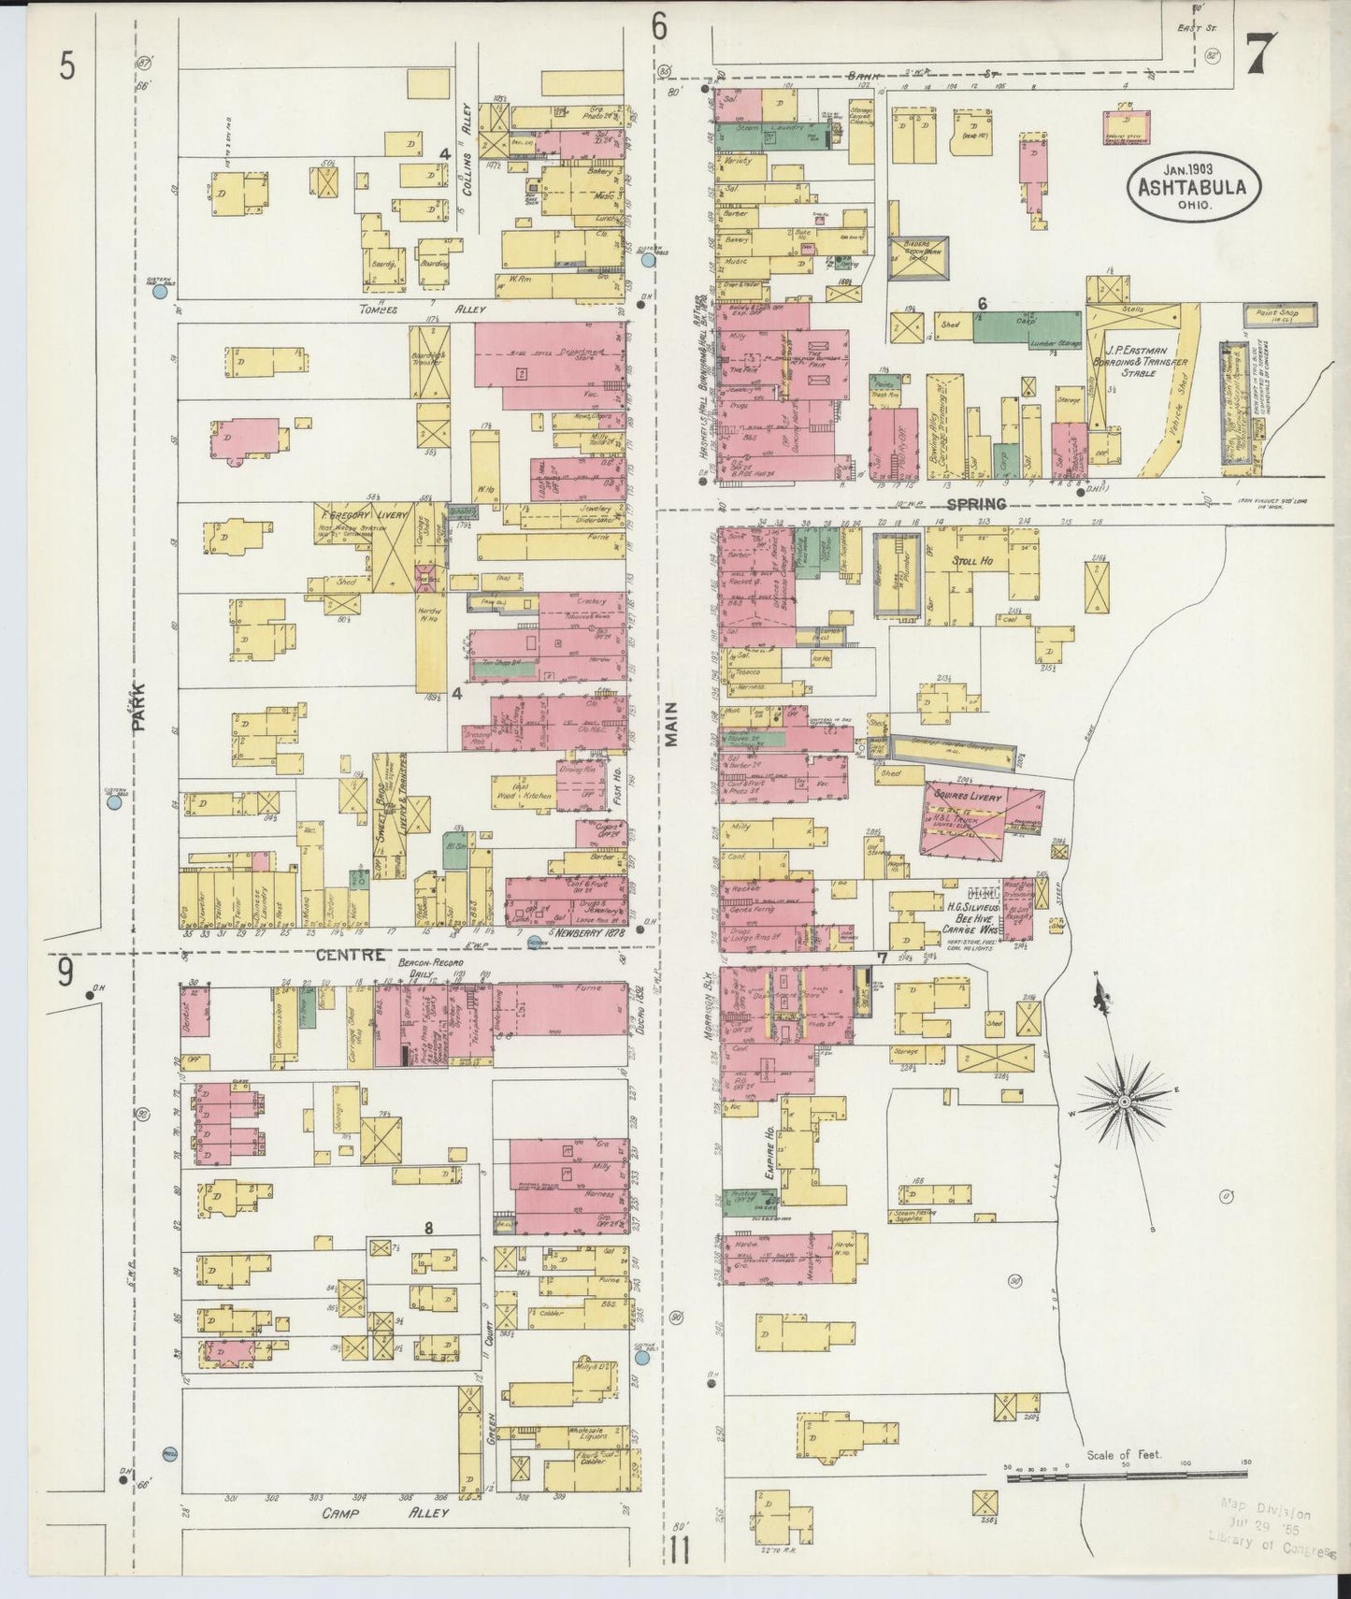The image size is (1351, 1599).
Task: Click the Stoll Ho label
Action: [971, 561]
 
